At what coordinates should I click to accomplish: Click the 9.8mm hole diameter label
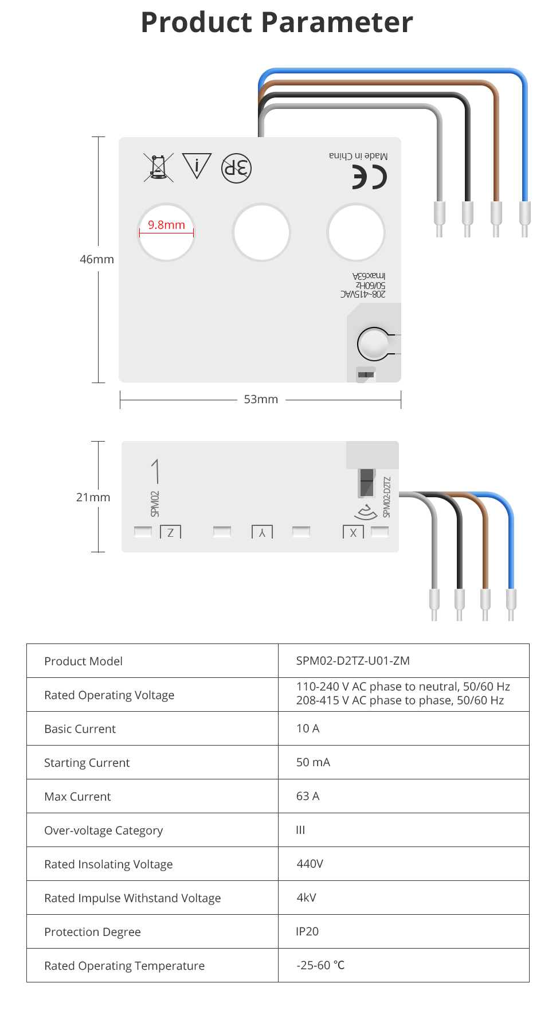click(x=166, y=225)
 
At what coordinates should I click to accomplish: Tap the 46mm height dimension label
click(x=97, y=259)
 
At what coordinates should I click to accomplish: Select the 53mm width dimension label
click(x=261, y=399)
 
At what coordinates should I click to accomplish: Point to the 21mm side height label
click(x=93, y=497)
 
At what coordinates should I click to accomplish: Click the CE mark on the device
click(x=369, y=177)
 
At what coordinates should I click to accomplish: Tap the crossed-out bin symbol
click(x=158, y=167)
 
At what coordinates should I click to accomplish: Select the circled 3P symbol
click(x=236, y=168)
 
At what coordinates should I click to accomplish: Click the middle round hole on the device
click(x=261, y=232)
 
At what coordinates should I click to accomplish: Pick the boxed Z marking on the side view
click(x=170, y=532)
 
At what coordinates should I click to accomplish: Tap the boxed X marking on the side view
click(x=353, y=532)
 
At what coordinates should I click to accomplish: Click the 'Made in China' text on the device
click(x=358, y=156)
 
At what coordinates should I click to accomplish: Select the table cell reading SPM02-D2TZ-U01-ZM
click(x=353, y=661)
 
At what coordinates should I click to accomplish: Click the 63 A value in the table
click(x=308, y=796)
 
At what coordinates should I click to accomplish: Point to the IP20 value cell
click(x=307, y=931)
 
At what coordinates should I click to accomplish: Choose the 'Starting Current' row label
click(x=87, y=763)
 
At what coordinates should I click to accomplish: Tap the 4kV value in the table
click(x=306, y=898)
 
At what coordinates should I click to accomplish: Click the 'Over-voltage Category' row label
click(x=104, y=830)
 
